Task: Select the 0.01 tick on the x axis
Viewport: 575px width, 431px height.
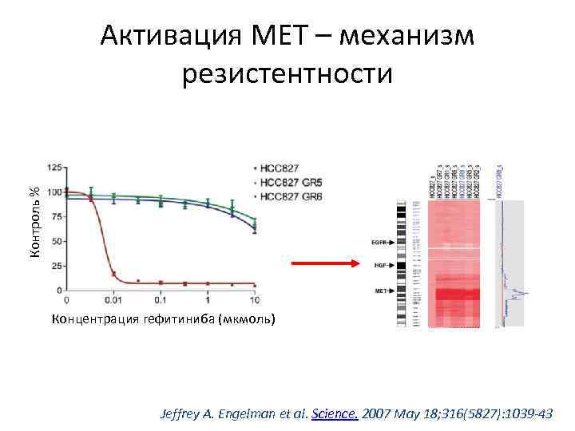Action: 113,300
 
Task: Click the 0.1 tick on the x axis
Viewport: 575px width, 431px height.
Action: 160,300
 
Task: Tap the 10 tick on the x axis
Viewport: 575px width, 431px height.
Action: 254,300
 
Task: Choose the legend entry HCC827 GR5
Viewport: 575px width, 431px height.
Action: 291,182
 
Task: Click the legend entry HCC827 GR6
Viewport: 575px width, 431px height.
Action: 291,196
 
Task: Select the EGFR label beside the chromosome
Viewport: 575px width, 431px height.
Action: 381,240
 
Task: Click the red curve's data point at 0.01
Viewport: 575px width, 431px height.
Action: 113,274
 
